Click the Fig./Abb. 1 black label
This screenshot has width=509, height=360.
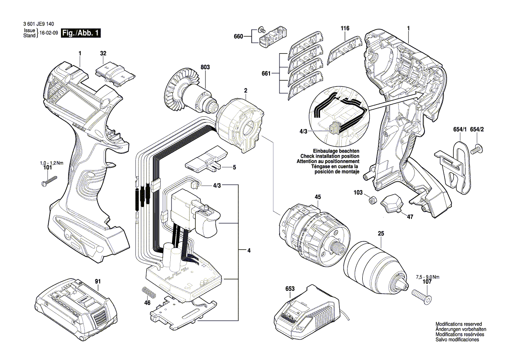[x=81, y=33]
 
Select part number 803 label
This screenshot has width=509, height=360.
[x=205, y=67]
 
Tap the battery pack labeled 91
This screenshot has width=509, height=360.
[x=74, y=307]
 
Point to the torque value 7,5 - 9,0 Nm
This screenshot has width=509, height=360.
[x=428, y=277]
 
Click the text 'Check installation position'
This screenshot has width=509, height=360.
[x=330, y=156]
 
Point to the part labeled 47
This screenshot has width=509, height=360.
[x=392, y=204]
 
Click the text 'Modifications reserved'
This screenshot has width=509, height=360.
[x=458, y=324]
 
